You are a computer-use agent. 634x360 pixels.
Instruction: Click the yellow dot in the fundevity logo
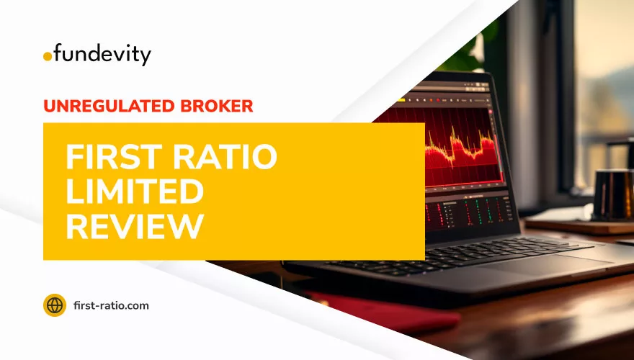48,57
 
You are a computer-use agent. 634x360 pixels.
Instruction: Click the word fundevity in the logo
102,55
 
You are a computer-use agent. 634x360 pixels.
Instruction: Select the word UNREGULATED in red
109,106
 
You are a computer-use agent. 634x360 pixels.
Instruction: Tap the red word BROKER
216,106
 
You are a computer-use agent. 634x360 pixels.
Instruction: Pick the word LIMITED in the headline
135,192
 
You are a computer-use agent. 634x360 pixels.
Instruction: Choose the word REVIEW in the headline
135,226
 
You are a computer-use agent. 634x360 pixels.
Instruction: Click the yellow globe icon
55,305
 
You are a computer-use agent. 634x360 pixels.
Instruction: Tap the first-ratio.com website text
111,305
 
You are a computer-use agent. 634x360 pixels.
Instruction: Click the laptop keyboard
457,253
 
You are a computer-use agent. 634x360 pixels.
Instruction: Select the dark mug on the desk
612,194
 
